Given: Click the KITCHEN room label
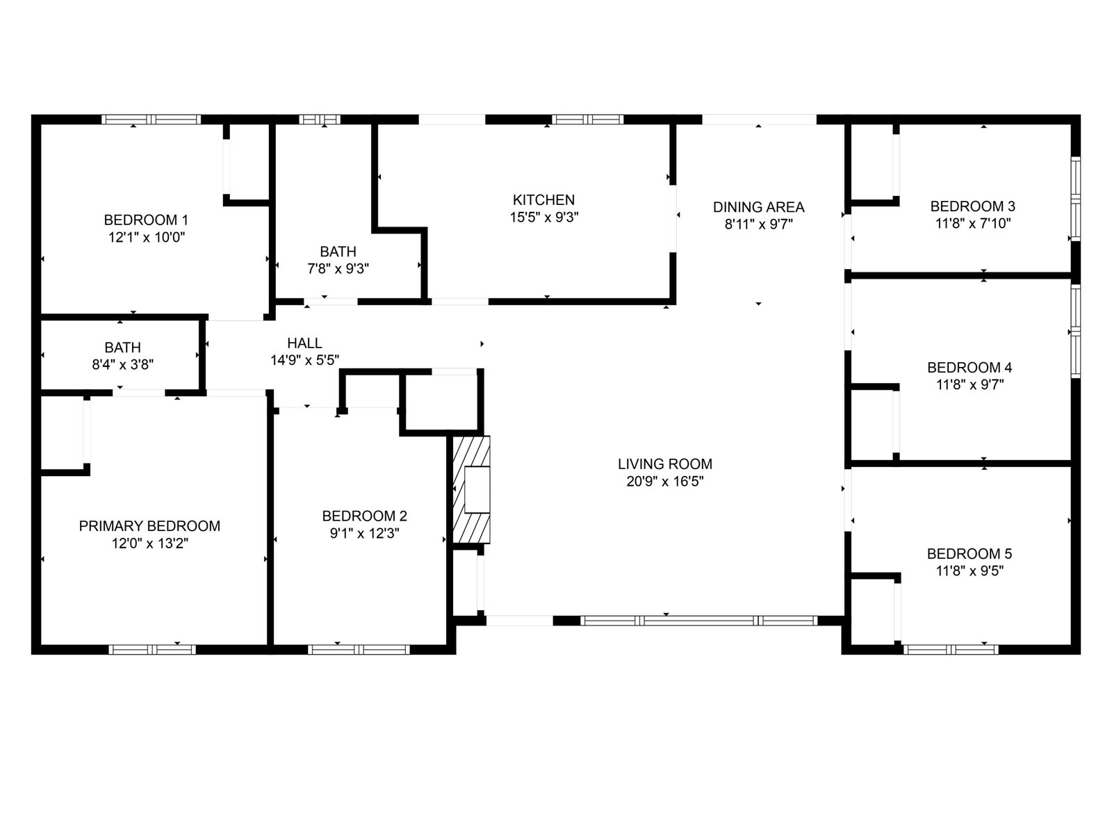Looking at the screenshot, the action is tap(543, 200).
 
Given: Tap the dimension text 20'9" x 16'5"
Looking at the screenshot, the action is tap(664, 481).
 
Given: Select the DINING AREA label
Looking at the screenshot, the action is tap(758, 207).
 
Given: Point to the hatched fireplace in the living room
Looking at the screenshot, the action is tap(471, 490).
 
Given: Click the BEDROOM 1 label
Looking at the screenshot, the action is tap(146, 220).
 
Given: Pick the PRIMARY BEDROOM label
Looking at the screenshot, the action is tap(149, 526).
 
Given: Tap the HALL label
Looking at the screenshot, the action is tap(304, 343).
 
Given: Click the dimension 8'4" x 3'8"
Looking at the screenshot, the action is tap(122, 365).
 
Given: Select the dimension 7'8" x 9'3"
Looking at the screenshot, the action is tap(338, 268).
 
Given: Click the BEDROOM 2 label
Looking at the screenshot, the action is tap(364, 516).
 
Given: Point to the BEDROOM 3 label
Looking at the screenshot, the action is tap(973, 206).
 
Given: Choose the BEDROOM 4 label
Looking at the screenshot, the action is tap(970, 368).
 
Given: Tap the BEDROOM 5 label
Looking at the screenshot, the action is tap(970, 554).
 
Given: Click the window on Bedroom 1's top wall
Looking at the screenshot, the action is tap(151, 120).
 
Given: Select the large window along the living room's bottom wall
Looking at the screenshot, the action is tap(698, 621).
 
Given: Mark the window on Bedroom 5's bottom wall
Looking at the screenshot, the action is tap(950, 649).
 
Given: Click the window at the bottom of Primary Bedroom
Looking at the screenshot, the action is tap(152, 649).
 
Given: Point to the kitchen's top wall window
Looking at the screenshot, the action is tap(588, 120).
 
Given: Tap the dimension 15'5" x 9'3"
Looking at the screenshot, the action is tap(544, 218).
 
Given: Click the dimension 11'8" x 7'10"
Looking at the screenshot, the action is tap(973, 223).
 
